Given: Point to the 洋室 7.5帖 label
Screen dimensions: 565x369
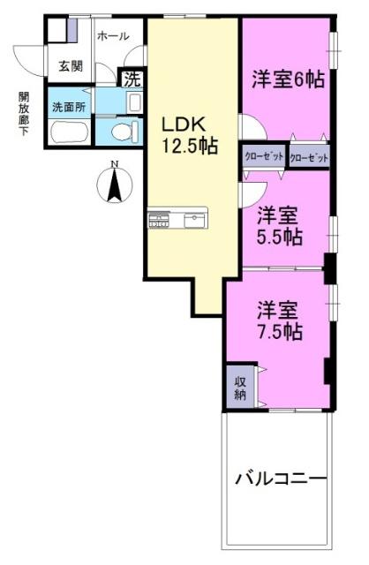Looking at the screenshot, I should coord(280,321).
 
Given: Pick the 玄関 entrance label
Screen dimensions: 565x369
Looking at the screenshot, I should coord(71,65).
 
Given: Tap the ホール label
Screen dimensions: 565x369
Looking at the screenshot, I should coord(112,36).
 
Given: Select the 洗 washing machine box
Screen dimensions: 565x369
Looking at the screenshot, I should coord(132,78).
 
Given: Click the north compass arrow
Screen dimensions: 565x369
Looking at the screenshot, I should coord(112,187).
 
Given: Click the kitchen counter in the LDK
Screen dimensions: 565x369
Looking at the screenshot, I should coord(178,218).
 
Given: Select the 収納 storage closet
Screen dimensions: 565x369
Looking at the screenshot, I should coord(239,388).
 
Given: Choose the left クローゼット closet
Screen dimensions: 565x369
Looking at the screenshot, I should coord(265,156).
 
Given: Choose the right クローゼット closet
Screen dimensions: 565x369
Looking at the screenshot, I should coord(309,156).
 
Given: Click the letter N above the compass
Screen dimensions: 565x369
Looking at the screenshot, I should coord(113,164).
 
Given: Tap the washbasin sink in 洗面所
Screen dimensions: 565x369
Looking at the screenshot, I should coord(132,103).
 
